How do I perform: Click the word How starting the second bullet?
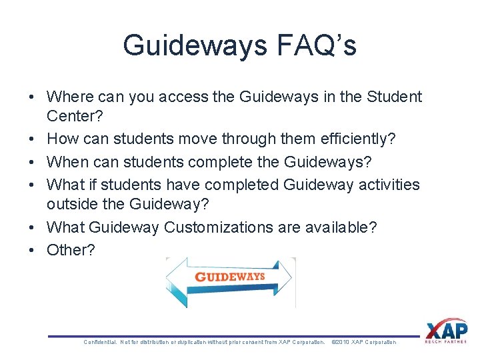(x=62, y=139)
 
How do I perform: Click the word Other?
(x=71, y=250)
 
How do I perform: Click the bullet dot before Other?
(x=31, y=250)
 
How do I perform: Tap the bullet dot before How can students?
(x=31, y=139)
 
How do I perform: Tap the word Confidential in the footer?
(x=99, y=342)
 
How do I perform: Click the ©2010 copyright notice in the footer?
(x=363, y=342)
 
